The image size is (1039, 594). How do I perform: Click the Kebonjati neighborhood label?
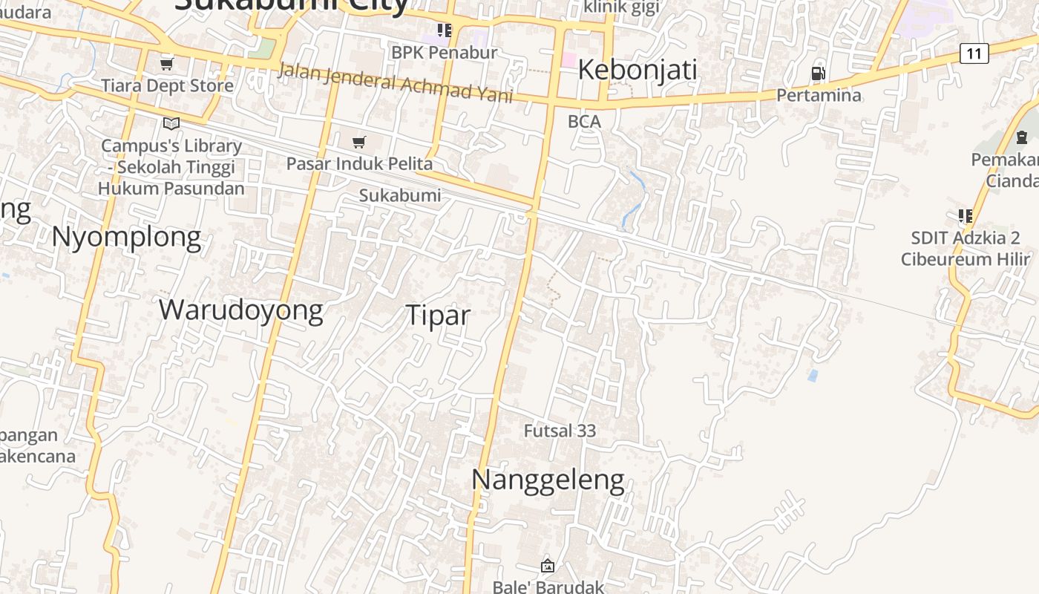click(637, 70)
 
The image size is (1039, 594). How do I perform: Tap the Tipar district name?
click(438, 316)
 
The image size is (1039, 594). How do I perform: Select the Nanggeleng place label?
click(548, 480)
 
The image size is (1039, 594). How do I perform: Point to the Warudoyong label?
click(240, 310)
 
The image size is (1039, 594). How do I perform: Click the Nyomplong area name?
click(126, 238)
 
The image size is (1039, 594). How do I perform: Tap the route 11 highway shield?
click(974, 53)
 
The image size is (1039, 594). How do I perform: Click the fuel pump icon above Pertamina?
click(818, 73)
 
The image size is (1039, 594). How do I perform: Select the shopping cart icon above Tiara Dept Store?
click(167, 64)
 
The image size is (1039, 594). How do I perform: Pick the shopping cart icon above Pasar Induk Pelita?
click(359, 142)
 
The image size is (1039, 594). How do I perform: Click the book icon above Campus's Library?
click(171, 123)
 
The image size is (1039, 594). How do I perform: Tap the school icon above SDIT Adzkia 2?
click(965, 216)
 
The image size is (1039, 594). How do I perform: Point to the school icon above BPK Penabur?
click(444, 30)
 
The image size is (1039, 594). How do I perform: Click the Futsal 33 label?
click(560, 431)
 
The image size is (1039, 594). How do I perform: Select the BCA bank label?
click(584, 121)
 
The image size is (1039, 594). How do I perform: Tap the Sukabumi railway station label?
click(400, 195)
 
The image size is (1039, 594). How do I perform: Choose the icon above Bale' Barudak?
click(548, 566)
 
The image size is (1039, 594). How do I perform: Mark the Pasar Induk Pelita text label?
click(359, 163)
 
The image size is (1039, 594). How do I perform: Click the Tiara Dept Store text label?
click(167, 85)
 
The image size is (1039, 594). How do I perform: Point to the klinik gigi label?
click(621, 7)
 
